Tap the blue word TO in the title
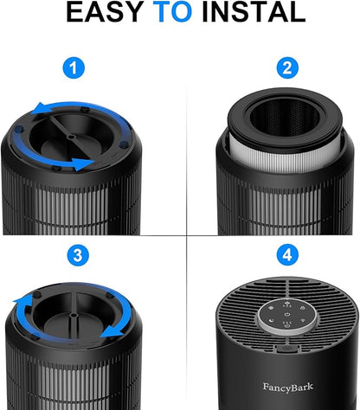point(172,12)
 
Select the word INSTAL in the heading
point(254,12)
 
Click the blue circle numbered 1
point(74,68)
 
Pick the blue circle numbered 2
point(287,68)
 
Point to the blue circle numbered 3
point(78,255)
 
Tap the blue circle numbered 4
point(287,255)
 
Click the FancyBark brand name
point(288,388)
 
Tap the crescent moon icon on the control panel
point(271,320)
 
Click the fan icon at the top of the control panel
point(287,304)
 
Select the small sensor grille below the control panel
point(286,349)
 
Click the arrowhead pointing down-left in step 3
point(112,331)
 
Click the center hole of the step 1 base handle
point(71,137)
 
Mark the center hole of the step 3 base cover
point(74,315)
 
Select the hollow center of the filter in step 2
point(285,118)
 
